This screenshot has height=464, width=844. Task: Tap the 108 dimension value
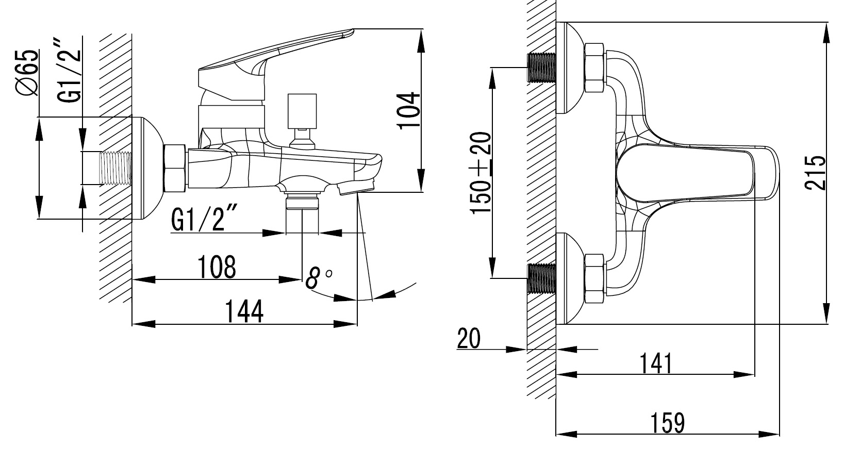coord(217,267)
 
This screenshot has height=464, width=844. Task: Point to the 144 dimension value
coord(244,311)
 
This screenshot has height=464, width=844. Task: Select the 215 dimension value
coord(816,173)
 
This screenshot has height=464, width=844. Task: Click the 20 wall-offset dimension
coord(468,338)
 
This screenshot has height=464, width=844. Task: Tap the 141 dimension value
coord(656,363)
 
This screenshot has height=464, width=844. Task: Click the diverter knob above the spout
coord(302,111)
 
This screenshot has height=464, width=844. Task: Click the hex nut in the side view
coord(175,169)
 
